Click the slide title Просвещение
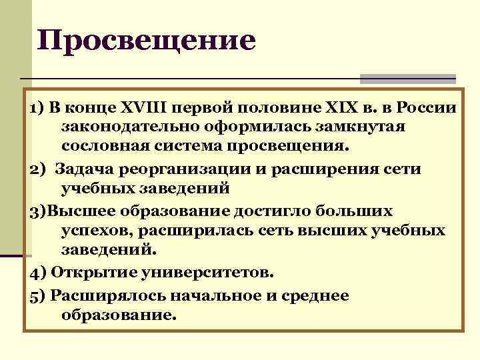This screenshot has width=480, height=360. pos(146,41)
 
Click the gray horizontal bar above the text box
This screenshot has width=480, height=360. pos(407,79)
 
